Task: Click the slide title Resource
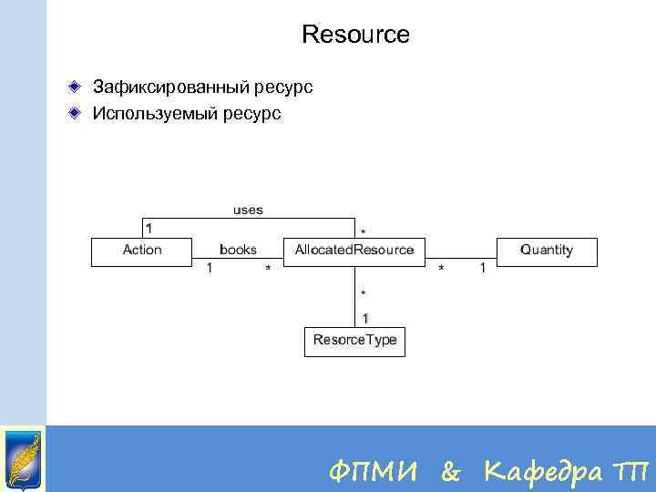tap(355, 36)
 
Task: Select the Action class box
tap(142, 251)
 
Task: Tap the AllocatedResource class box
tap(354, 251)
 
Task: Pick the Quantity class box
tap(547, 251)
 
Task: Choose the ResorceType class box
tap(354, 341)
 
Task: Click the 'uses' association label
tap(248, 210)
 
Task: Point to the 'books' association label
tap(238, 250)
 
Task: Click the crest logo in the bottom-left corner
tap(23, 458)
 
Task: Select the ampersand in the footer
tap(451, 472)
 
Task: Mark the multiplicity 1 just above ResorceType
tap(365, 318)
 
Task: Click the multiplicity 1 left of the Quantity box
tap(483, 268)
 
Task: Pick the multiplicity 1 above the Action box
tap(149, 227)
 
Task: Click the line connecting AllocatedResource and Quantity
tap(460, 252)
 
